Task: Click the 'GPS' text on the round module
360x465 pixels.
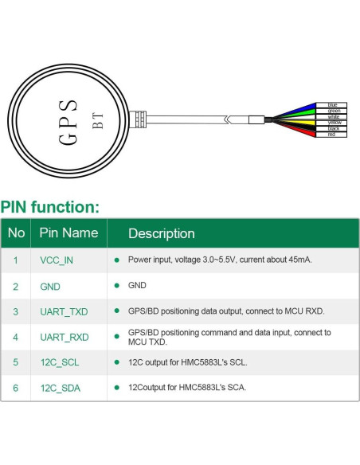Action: [x=69, y=122]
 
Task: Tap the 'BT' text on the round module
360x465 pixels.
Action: [x=98, y=120]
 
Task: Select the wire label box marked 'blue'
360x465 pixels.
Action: [x=331, y=105]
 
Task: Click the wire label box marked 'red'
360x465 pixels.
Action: [x=331, y=135]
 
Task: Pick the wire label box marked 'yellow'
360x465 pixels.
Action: [x=331, y=123]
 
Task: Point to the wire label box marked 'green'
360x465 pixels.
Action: [x=331, y=111]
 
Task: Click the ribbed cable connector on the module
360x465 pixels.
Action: [x=141, y=119]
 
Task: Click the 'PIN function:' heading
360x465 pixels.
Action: [x=50, y=208]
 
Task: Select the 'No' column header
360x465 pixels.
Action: [x=16, y=233]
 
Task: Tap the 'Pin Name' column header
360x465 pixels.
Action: [x=68, y=233]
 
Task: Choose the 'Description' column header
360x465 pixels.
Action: [x=161, y=233]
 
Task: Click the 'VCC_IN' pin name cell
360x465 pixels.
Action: [x=57, y=260]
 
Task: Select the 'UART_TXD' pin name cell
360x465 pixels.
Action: [x=65, y=311]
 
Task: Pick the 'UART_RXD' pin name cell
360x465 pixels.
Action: [x=65, y=338]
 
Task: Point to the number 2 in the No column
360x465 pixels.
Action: [x=15, y=286]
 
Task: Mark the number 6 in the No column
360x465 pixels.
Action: [x=15, y=389]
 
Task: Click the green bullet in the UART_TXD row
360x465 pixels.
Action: [x=116, y=311]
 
